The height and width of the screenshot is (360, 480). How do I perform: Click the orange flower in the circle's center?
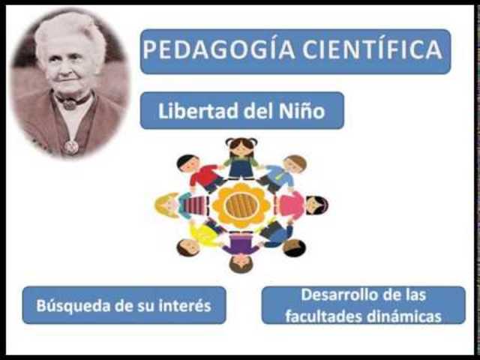tap(241, 205)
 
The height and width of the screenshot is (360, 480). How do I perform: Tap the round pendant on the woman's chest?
tap(70, 146)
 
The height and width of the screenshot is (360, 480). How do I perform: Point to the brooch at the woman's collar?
tap(70, 102)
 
